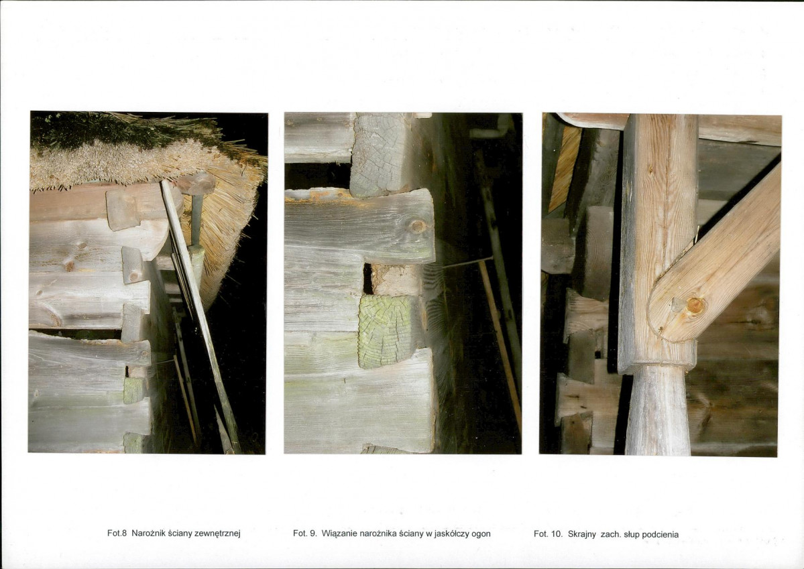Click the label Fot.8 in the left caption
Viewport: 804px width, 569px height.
[x=117, y=533]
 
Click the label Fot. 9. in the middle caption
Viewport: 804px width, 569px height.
[x=304, y=533]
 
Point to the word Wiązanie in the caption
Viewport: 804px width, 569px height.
[x=339, y=533]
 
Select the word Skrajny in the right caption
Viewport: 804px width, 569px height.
[x=582, y=534]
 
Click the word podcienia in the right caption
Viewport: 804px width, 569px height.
[x=661, y=535]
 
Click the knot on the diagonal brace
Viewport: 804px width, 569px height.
[x=694, y=306]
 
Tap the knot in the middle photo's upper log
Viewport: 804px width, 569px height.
[x=417, y=226]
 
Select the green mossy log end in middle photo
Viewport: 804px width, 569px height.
[x=385, y=330]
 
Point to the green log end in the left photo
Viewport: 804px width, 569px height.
[x=133, y=391]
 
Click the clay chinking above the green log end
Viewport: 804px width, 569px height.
[x=396, y=280]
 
